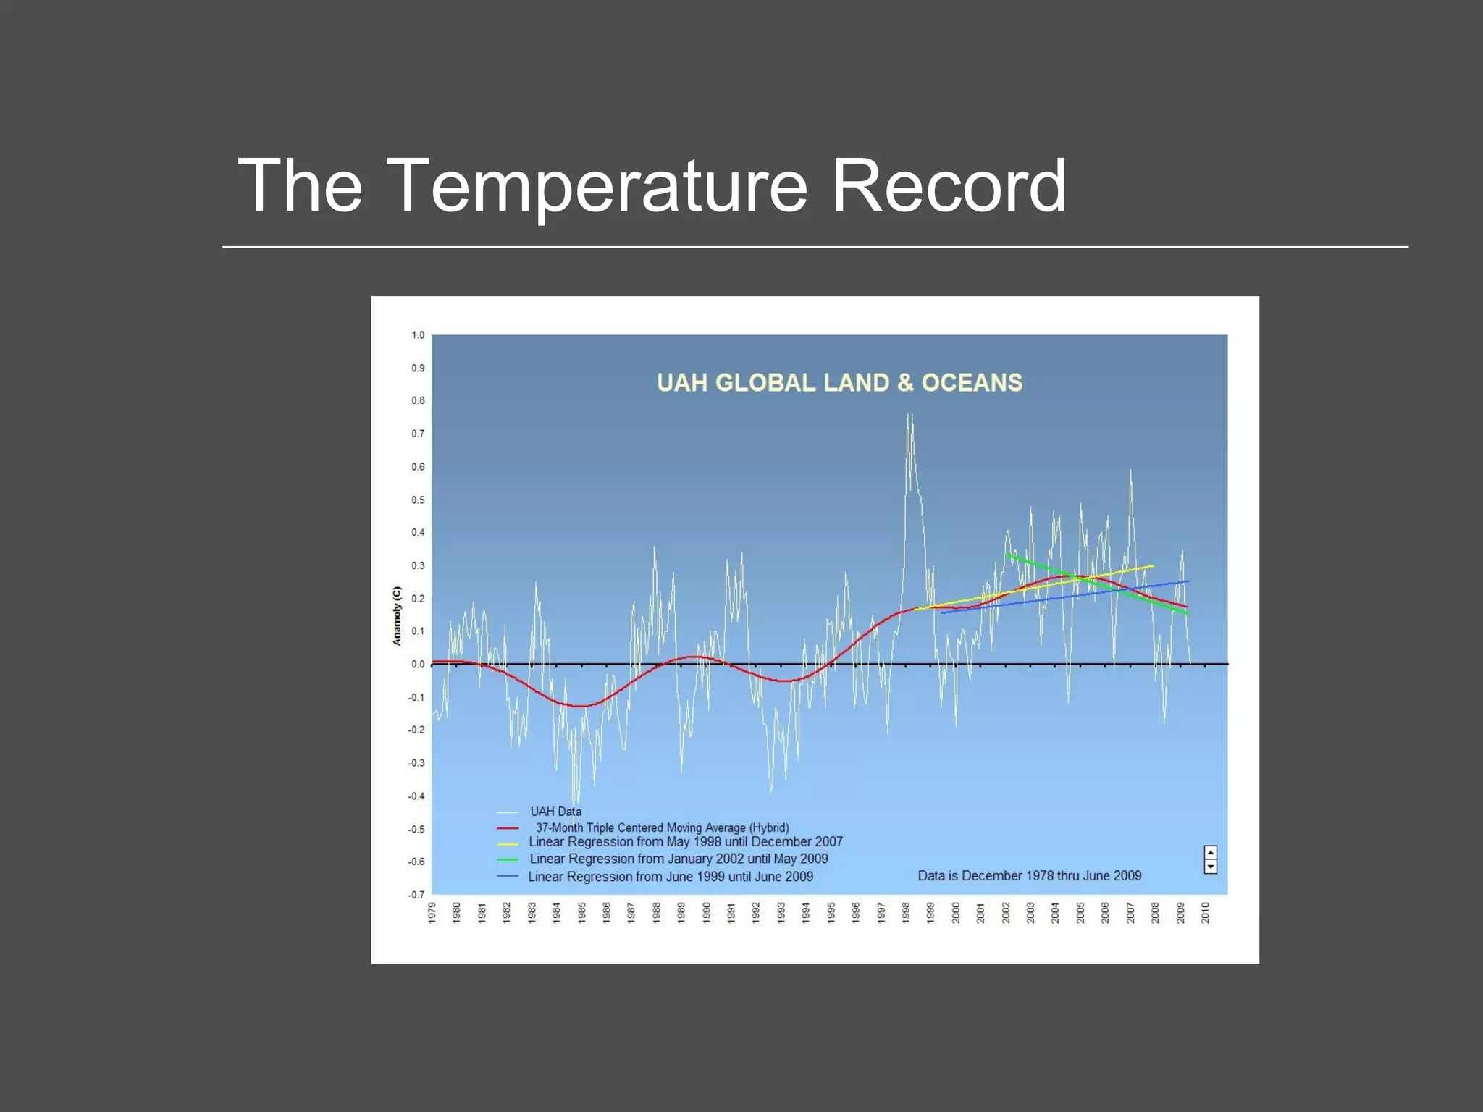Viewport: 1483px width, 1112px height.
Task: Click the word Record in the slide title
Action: (x=948, y=186)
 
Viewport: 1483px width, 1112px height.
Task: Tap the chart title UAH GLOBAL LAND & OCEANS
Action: (x=839, y=382)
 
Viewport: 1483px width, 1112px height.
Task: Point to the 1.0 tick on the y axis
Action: (x=418, y=335)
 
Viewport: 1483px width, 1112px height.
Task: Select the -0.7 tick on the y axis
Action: (x=416, y=895)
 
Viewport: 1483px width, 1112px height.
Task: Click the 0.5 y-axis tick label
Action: (x=418, y=500)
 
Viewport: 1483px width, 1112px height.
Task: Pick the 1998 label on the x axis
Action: (x=906, y=913)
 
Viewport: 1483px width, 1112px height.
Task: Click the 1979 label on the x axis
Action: (x=432, y=913)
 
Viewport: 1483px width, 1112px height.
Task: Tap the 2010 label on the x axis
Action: (x=1206, y=913)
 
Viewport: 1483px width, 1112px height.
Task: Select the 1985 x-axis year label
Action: (x=582, y=913)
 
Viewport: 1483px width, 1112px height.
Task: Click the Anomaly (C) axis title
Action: (x=397, y=616)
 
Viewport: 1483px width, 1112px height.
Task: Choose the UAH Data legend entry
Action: (x=555, y=812)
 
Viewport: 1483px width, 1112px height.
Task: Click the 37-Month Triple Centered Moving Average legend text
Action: (x=662, y=827)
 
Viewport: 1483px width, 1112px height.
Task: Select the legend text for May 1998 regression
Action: (x=685, y=842)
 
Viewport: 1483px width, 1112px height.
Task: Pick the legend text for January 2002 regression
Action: (x=679, y=859)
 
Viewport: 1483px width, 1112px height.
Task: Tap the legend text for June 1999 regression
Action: (x=671, y=877)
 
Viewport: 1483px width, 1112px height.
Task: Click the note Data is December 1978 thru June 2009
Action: (x=1029, y=876)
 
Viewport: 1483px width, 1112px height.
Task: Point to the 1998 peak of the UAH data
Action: (x=910, y=417)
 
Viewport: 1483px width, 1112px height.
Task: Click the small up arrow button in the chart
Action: (x=1210, y=852)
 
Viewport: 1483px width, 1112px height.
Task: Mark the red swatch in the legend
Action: (x=508, y=828)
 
